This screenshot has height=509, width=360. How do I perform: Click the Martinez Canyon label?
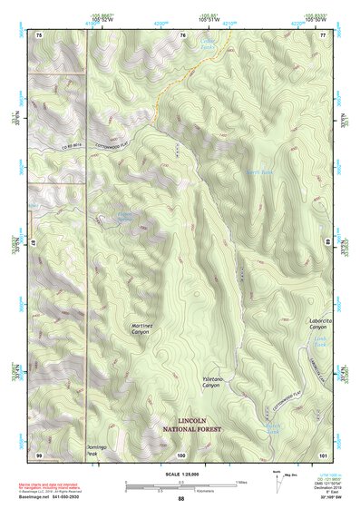[x=141, y=328]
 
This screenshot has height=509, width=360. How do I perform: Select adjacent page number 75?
[x=39, y=34]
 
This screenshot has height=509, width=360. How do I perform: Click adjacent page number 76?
[x=182, y=34]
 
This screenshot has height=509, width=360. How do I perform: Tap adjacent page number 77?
[x=324, y=34]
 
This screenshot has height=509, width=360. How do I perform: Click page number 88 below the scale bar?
[x=181, y=499]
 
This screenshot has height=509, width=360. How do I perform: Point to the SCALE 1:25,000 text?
[x=180, y=473]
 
